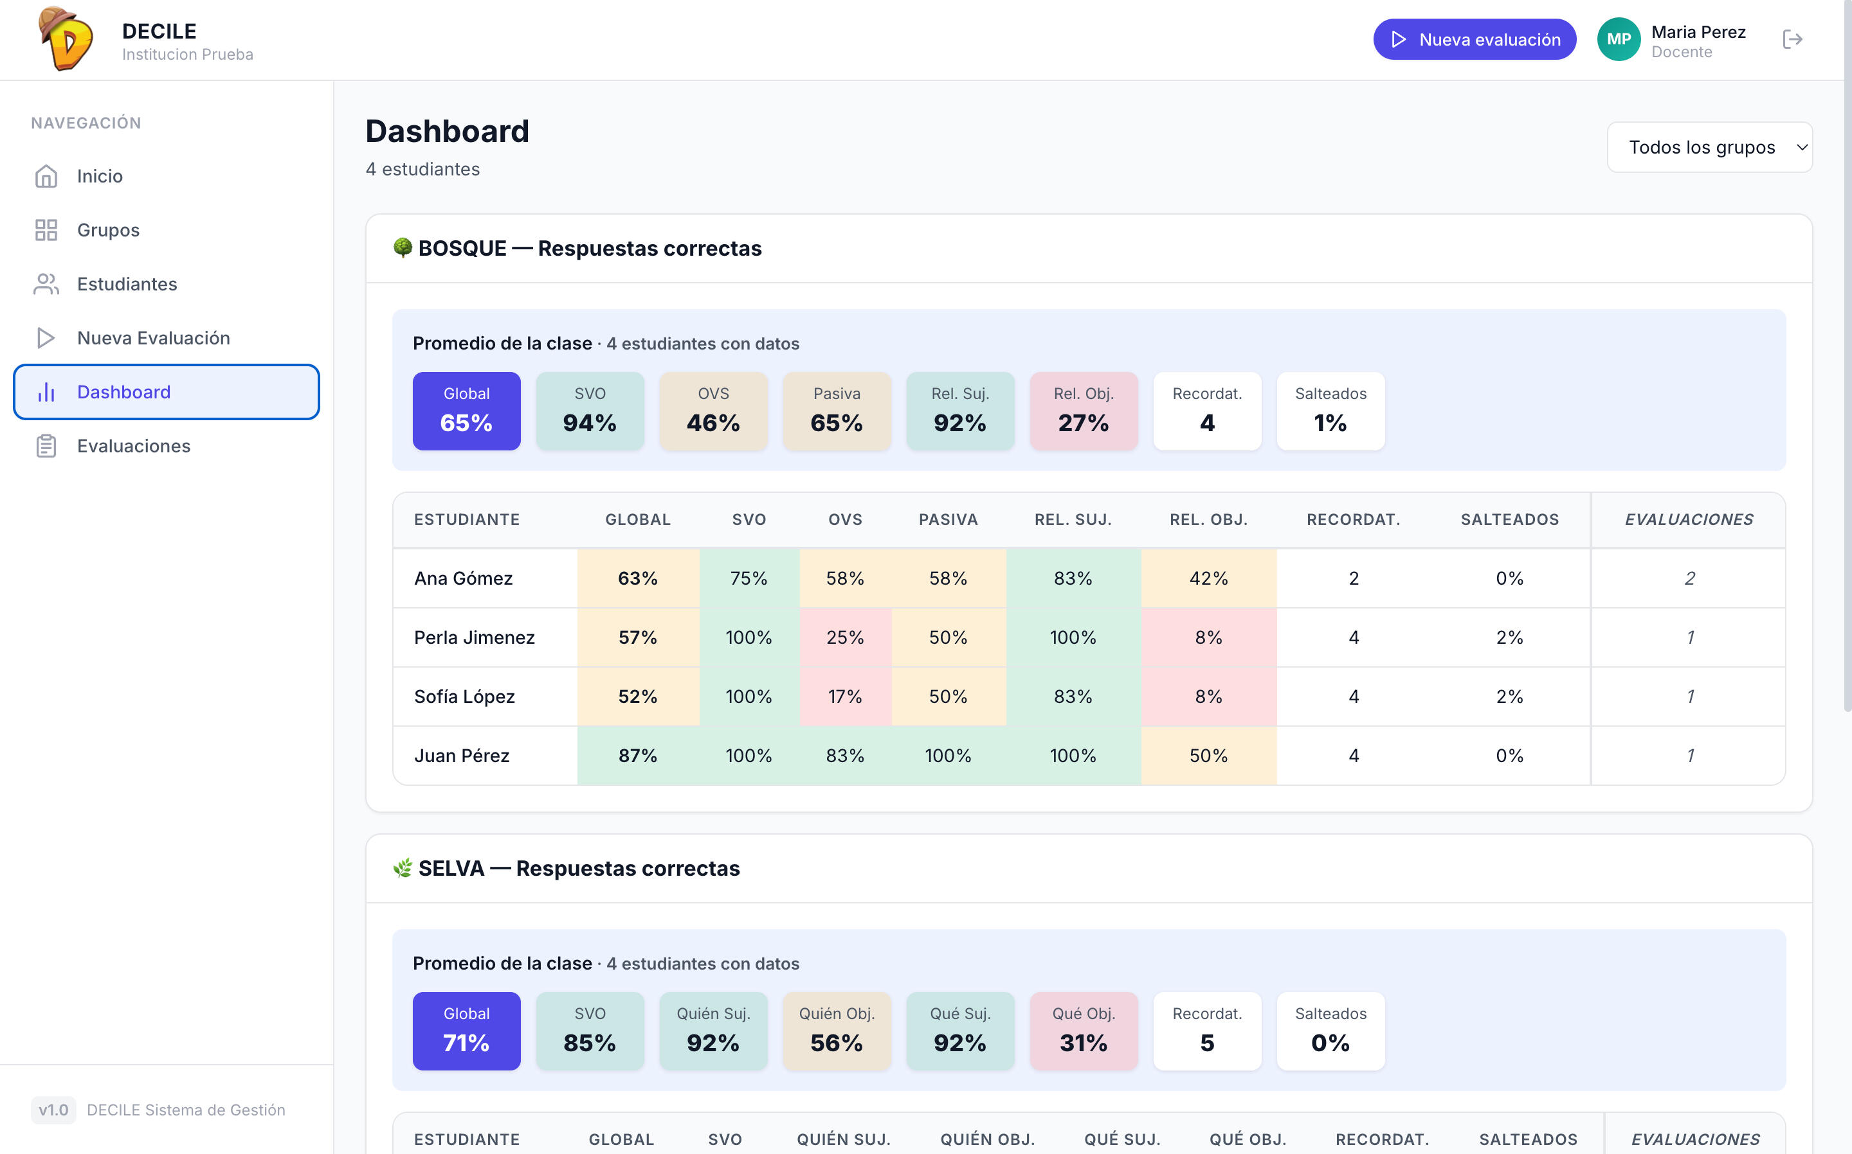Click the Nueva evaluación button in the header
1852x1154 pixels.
pos(1474,39)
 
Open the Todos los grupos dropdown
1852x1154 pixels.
pos(1709,147)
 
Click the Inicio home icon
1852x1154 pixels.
pos(46,176)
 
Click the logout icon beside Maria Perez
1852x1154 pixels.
pos(1792,39)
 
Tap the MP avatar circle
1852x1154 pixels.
pos(1619,39)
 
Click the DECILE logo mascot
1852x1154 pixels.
pos(66,38)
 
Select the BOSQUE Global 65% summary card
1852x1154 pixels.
pos(467,411)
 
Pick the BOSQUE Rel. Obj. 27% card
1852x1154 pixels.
pos(1084,411)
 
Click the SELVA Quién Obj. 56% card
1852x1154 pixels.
pos(837,1031)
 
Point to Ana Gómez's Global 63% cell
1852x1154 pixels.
pos(638,578)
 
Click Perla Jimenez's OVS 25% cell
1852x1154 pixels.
pos(845,637)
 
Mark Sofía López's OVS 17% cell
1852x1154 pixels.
pos(845,696)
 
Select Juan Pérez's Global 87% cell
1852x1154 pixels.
pos(638,756)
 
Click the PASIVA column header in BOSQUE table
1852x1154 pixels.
pos(948,520)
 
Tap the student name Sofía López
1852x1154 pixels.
pos(464,697)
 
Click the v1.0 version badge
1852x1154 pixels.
pos(53,1110)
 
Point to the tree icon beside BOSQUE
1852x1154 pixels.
pos(403,248)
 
